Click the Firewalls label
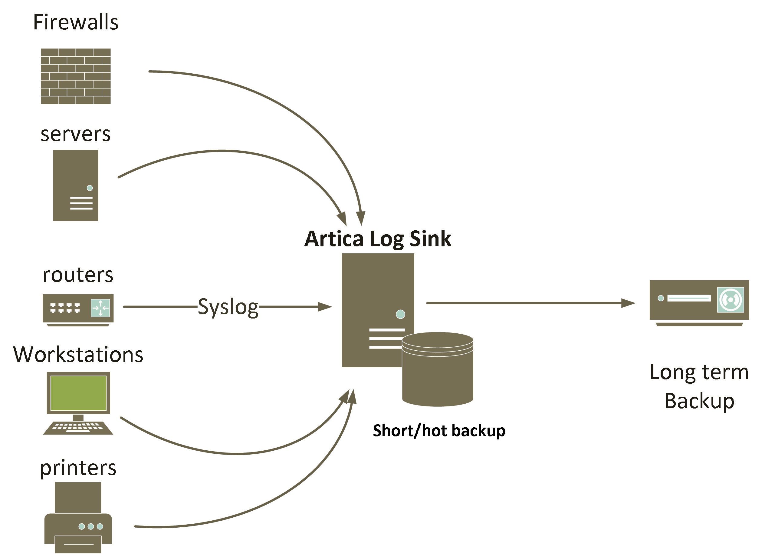tap(76, 22)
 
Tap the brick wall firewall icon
tap(76, 76)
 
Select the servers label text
tap(76, 134)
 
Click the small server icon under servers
tap(76, 185)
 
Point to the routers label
tap(78, 275)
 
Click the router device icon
tap(78, 309)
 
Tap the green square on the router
tap(100, 308)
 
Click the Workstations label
tap(78, 355)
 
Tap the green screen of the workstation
tap(78, 393)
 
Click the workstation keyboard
tap(78, 428)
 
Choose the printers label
tap(78, 468)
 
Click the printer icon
tap(78, 518)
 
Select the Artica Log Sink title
tap(378, 239)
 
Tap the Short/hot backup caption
tap(439, 431)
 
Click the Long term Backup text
tap(699, 386)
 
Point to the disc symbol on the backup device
tap(731, 300)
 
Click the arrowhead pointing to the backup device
tap(628, 303)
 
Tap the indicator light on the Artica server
tap(400, 314)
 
